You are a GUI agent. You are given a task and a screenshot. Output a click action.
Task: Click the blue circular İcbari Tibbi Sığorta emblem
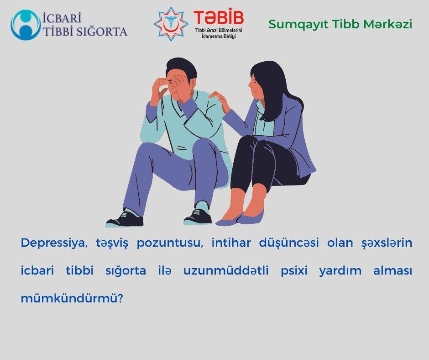point(26,25)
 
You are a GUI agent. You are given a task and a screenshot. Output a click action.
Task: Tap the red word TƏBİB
point(219,18)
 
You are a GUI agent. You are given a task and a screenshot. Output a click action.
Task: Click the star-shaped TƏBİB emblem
point(171,24)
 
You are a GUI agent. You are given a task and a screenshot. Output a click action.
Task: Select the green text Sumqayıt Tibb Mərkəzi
point(340,24)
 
